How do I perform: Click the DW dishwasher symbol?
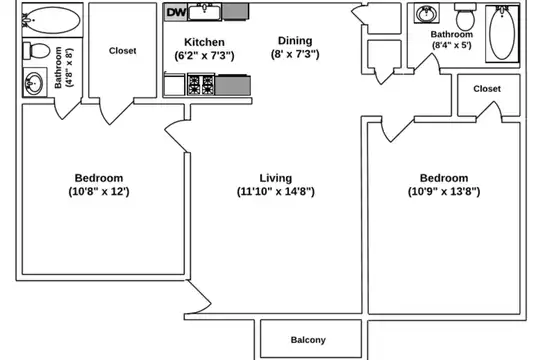click(176, 12)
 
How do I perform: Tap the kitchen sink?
click(205, 12)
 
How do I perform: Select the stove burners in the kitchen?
click(201, 84)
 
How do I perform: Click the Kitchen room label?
click(204, 42)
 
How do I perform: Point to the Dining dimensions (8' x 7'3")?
click(295, 54)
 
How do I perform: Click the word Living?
click(276, 178)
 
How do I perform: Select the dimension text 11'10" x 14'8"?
click(276, 191)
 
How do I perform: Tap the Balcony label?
click(308, 340)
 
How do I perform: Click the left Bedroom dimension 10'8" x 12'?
click(99, 191)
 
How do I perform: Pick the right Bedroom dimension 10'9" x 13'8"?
click(444, 191)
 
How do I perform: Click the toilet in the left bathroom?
click(37, 51)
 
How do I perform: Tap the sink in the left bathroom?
click(34, 83)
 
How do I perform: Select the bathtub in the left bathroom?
click(53, 20)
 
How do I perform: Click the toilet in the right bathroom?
click(465, 17)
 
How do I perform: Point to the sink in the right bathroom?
click(427, 13)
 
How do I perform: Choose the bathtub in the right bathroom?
click(502, 34)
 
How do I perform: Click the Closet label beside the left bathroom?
click(123, 51)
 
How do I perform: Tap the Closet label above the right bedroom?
click(487, 89)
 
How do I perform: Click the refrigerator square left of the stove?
click(174, 84)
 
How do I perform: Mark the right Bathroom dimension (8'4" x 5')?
click(452, 45)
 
